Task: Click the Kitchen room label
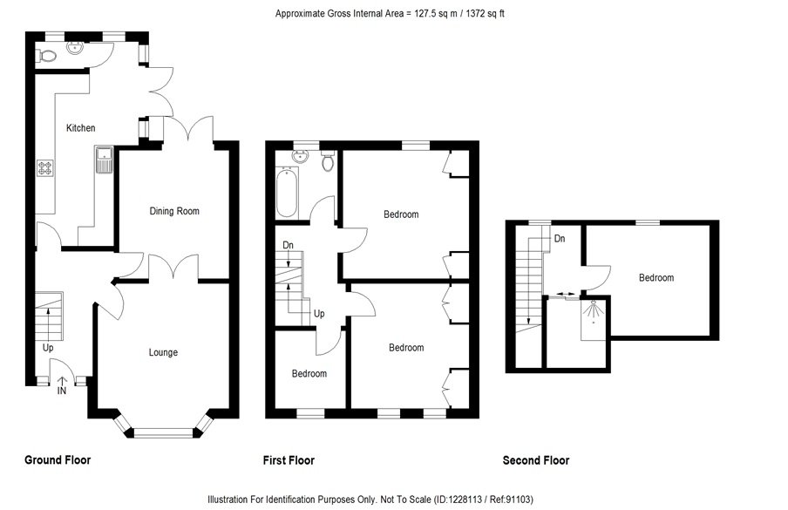pyautogui.click(x=81, y=128)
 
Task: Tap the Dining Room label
pyautogui.click(x=174, y=211)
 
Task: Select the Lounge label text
pyautogui.click(x=163, y=352)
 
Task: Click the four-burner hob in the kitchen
pyautogui.click(x=44, y=168)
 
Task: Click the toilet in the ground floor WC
pyautogui.click(x=47, y=56)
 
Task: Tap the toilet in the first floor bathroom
pyautogui.click(x=329, y=161)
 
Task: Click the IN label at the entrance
pyautogui.click(x=61, y=391)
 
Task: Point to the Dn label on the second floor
pyautogui.click(x=560, y=238)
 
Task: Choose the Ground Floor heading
pyautogui.click(x=58, y=459)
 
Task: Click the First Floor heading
pyautogui.click(x=289, y=460)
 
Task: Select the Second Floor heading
pyautogui.click(x=536, y=460)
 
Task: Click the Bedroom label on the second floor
pyautogui.click(x=656, y=278)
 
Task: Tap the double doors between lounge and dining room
pyautogui.click(x=173, y=269)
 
